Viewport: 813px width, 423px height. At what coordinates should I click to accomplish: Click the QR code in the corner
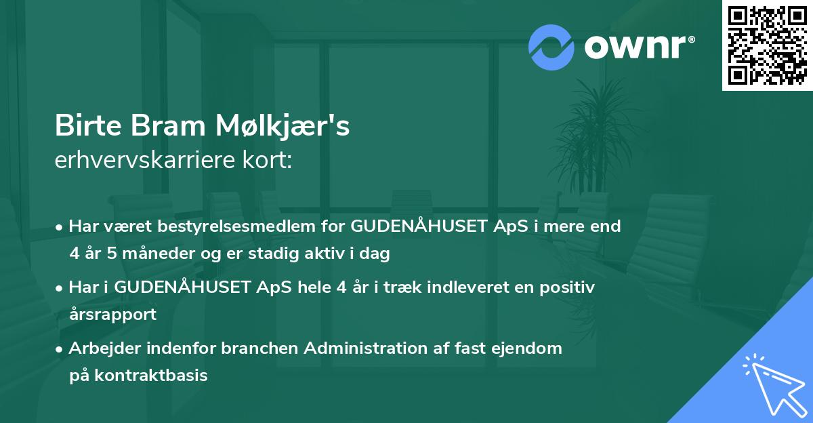coord(767,45)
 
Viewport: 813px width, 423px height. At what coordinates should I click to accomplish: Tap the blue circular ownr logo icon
coord(551,47)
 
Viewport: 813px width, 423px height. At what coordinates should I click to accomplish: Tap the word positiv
coord(564,287)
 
